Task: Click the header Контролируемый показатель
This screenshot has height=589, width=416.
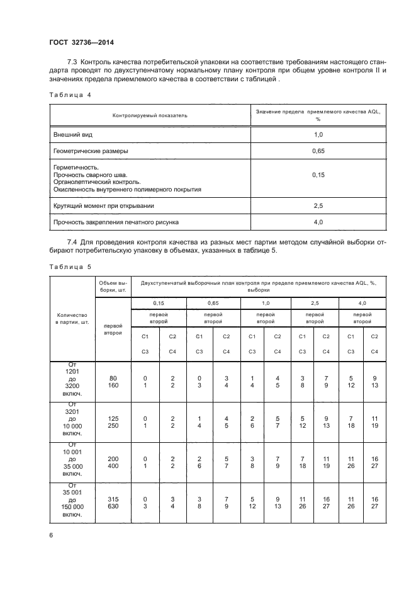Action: pyautogui.click(x=150, y=115)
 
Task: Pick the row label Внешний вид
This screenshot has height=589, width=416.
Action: pyautogui.click(x=74, y=135)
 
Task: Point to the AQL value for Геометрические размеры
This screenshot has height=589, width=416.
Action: pyautogui.click(x=318, y=151)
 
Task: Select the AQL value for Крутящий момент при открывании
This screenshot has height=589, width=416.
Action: pyautogui.click(x=318, y=205)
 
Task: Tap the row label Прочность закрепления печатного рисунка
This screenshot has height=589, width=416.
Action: pyautogui.click(x=116, y=222)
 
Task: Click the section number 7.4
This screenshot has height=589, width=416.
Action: pyautogui.click(x=74, y=243)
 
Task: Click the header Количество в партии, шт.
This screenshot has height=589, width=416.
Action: pyautogui.click(x=72, y=318)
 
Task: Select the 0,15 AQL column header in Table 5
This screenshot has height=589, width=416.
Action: pyautogui.click(x=159, y=303)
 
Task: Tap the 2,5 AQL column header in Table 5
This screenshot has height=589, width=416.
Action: pyautogui.click(x=315, y=303)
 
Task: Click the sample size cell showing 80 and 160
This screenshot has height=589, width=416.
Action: pyautogui.click(x=113, y=381)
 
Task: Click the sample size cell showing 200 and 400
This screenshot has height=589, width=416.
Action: pyautogui.click(x=113, y=461)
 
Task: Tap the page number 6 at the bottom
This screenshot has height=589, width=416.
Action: pyautogui.click(x=51, y=535)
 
